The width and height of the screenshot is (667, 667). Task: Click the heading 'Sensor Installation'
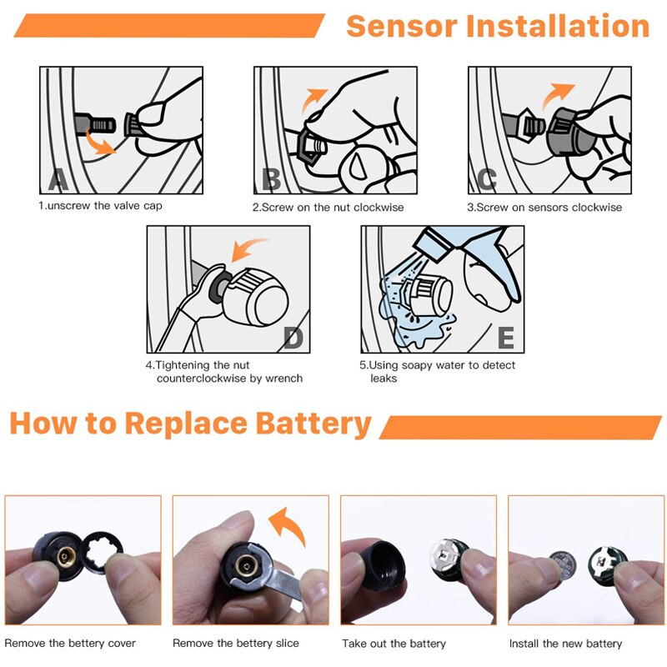(x=497, y=26)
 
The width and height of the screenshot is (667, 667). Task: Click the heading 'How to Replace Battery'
(x=190, y=424)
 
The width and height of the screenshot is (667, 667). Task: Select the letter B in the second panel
(x=271, y=178)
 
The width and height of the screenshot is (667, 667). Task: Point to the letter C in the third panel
(x=487, y=178)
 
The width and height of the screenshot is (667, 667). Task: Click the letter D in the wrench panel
(x=293, y=337)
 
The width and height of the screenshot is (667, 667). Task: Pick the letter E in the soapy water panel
(x=505, y=338)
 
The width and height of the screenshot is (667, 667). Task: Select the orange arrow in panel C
(x=559, y=97)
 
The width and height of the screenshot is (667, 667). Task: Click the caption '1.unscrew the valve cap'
(x=100, y=206)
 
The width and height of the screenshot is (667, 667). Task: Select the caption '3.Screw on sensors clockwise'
(x=544, y=207)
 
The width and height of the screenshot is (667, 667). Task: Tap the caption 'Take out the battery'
(x=394, y=644)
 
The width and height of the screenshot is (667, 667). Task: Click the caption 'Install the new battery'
(x=565, y=644)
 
